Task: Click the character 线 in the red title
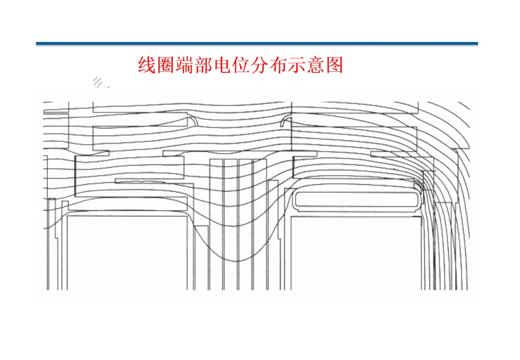[x=147, y=64]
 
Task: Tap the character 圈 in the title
[x=166, y=64]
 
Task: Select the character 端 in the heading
[x=185, y=64]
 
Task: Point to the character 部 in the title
[x=204, y=64]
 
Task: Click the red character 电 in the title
[x=222, y=64]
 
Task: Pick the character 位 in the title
[x=241, y=64]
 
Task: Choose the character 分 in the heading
[x=260, y=64]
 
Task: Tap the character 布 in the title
[x=278, y=64]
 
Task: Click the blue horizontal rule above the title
[x=257, y=43]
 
